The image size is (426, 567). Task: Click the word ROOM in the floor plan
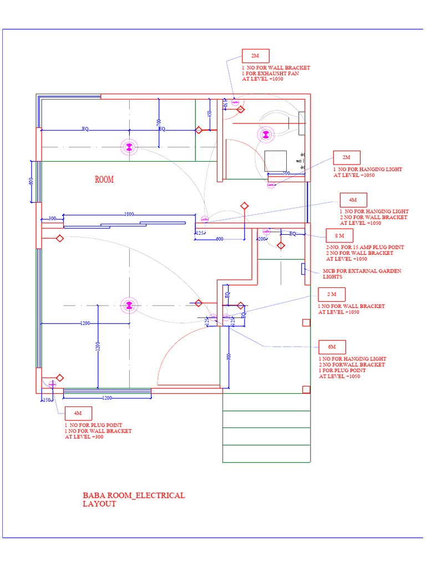(104, 179)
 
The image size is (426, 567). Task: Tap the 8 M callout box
(339, 236)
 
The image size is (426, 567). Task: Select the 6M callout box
(332, 347)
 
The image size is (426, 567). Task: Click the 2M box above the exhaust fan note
(255, 56)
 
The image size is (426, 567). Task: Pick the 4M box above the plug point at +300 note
(78, 413)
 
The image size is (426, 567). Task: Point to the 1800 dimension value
(129, 214)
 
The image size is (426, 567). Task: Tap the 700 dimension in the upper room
(159, 121)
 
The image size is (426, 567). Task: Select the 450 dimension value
(209, 114)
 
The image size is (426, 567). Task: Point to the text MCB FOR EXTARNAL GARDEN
(362, 271)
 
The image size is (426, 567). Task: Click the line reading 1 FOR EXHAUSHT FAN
(270, 74)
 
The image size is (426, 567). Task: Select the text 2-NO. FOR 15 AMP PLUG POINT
(365, 247)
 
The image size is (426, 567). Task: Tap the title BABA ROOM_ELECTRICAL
(134, 496)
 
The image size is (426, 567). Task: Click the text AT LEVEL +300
(84, 437)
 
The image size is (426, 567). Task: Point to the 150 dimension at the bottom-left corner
(47, 400)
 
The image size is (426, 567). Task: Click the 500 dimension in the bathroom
(286, 173)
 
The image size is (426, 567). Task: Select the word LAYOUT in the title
(99, 504)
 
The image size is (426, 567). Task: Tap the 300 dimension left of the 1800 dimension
(52, 219)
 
